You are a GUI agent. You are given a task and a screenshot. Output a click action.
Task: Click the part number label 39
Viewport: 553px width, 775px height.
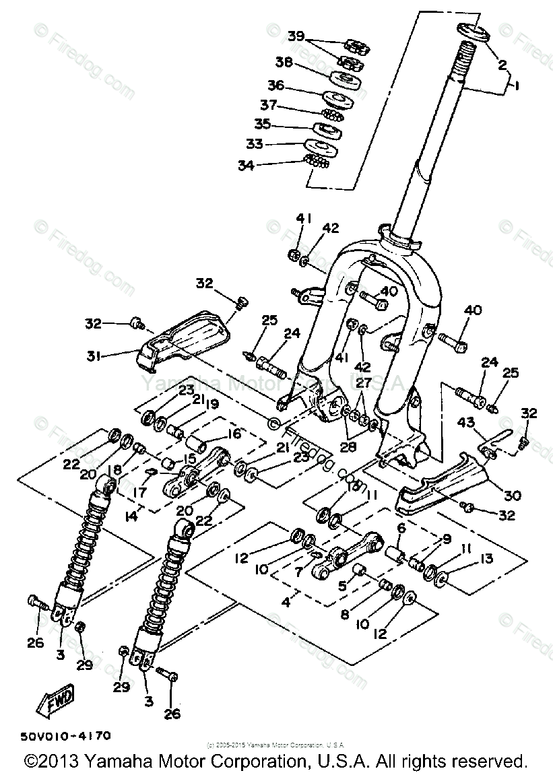click(x=296, y=36)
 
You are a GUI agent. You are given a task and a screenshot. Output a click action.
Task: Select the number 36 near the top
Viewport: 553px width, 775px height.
click(x=275, y=86)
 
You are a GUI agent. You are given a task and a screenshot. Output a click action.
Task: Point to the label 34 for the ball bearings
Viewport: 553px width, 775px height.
click(x=246, y=165)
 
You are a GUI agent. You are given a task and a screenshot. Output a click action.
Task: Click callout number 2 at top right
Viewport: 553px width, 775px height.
click(x=502, y=65)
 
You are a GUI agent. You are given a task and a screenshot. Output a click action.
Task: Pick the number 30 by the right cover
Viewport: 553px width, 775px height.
click(x=513, y=495)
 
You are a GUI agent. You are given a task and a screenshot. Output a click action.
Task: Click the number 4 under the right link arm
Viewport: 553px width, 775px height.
click(x=286, y=601)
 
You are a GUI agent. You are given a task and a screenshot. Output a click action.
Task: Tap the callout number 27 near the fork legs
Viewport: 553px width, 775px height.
click(x=364, y=383)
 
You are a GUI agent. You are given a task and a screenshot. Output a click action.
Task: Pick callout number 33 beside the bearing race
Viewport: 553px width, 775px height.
click(x=254, y=143)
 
